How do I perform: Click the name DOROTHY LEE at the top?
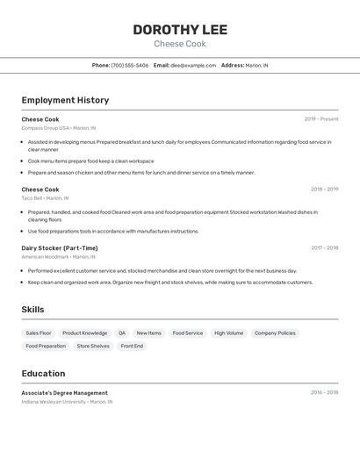(x=180, y=30)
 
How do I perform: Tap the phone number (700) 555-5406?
(x=129, y=65)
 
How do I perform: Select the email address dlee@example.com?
(x=193, y=65)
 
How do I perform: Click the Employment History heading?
(x=65, y=100)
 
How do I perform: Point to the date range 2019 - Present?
(x=321, y=119)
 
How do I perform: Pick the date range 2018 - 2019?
(x=324, y=190)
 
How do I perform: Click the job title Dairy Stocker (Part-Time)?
(x=60, y=248)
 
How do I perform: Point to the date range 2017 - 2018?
(x=324, y=248)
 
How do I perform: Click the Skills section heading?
(x=32, y=310)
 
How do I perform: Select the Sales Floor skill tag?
(x=39, y=333)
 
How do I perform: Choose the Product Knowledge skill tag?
(x=84, y=333)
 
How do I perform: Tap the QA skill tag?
(x=122, y=333)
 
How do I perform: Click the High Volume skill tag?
(x=228, y=333)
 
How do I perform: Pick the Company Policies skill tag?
(x=275, y=333)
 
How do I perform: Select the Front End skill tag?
(x=132, y=347)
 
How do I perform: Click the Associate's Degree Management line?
(x=65, y=393)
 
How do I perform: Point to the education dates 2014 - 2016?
(x=324, y=393)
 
